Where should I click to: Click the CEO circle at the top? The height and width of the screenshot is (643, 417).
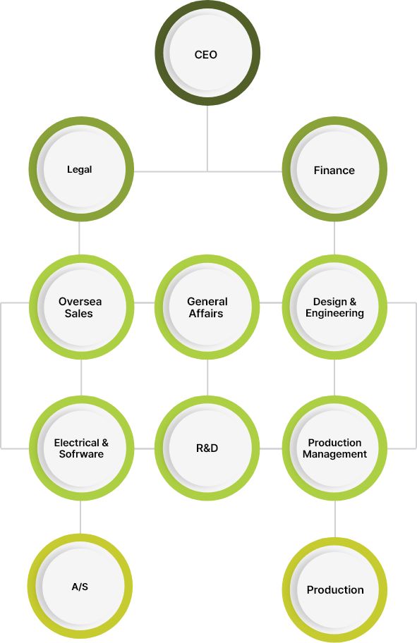pos(207,54)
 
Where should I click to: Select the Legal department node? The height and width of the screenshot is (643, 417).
pos(81,169)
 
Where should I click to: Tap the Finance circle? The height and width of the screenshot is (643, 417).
pos(334,169)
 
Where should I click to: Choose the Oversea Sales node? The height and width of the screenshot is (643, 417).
pos(81,307)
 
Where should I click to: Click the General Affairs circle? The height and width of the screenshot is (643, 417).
pos(207,307)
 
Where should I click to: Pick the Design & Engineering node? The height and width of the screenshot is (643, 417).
pos(334,307)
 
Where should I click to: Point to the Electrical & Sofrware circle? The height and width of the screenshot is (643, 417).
pos(81,448)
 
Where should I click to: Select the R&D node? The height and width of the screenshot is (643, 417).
pos(207,448)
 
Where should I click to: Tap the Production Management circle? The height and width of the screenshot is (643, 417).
pos(334,448)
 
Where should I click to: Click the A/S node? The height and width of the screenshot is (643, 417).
pos(80,587)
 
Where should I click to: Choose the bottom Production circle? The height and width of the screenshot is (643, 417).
pos(334,589)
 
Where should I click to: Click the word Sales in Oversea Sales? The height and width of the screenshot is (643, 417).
pos(78,314)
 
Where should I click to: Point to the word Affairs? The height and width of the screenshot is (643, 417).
pos(206,314)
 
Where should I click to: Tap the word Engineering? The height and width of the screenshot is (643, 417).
pos(334,314)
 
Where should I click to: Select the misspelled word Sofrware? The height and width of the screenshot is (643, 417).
pos(81,454)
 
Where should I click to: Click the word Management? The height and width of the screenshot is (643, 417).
pos(334,454)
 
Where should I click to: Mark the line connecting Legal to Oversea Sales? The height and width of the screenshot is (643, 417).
pos(79,238)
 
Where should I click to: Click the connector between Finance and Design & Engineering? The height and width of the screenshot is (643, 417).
pos(334,238)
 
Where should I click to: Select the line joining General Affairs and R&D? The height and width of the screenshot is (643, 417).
pos(207,378)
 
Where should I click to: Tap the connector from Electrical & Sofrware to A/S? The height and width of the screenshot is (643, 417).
pos(80,518)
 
